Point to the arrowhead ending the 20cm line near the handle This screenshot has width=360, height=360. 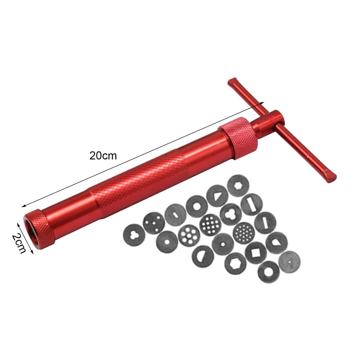[x=262, y=103]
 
